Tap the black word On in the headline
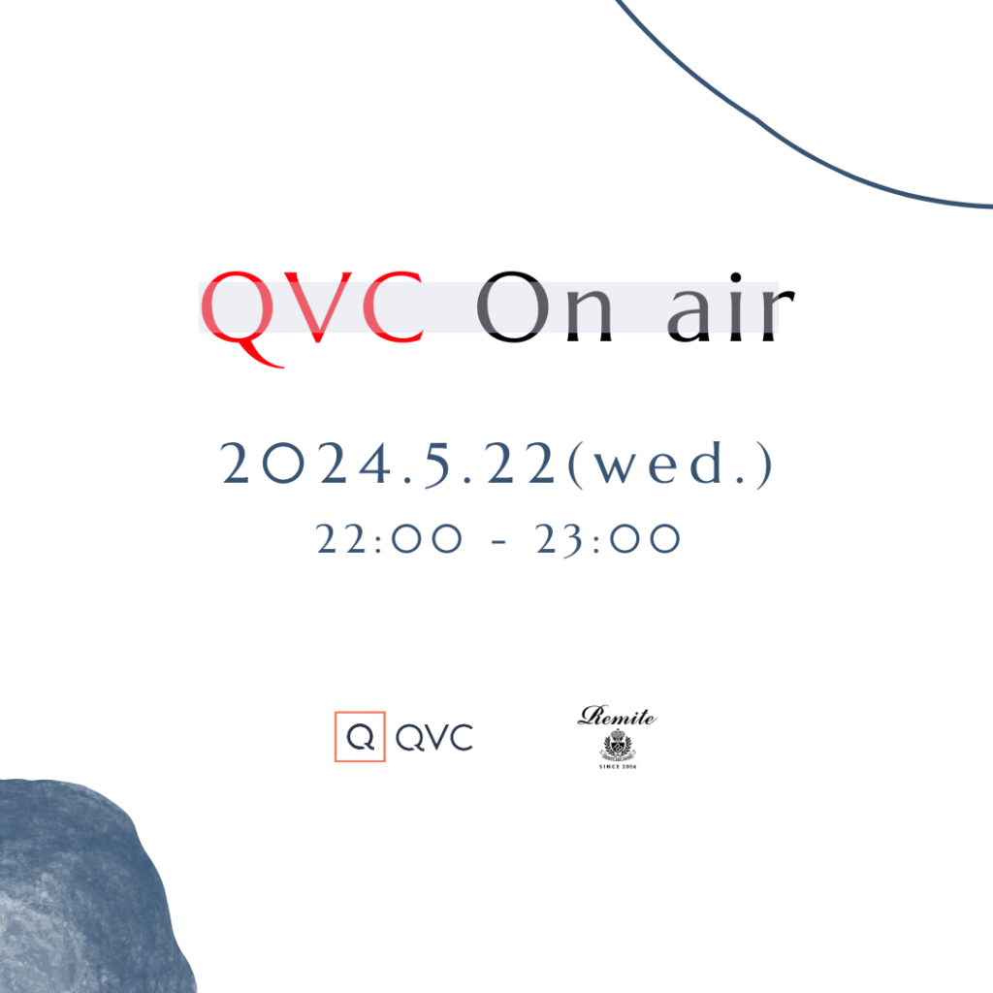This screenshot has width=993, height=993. pos(544,307)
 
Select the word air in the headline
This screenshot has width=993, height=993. pos(731,307)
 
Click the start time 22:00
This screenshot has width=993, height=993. pos(389,539)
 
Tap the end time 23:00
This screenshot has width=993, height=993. pos(607,539)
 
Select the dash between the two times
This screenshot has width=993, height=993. pos(499,542)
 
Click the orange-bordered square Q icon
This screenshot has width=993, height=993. pos(360,736)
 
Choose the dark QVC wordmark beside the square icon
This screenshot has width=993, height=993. pos(434,737)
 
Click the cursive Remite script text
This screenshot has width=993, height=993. pos(618,717)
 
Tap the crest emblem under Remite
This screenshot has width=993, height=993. pos(618,746)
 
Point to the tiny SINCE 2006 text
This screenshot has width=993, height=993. pos(618,767)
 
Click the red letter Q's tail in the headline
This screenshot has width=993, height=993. pos(260,355)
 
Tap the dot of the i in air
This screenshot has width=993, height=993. pos(736,277)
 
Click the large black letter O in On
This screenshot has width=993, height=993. pos(513,307)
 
